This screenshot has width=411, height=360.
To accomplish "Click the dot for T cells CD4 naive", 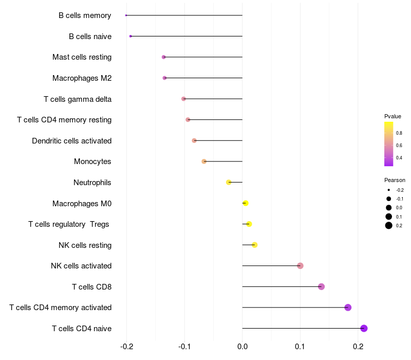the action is tap(364, 328).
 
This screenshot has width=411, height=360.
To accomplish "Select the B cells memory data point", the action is tap(126, 15).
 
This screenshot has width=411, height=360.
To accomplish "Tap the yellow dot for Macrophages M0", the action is tap(246, 203).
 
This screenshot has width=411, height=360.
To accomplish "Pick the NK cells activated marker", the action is tap(300, 266).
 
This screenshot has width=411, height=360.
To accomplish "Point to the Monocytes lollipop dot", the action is tap(204, 161).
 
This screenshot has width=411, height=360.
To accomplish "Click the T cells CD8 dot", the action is tap(322, 286).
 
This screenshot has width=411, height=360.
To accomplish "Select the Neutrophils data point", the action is tap(229, 182).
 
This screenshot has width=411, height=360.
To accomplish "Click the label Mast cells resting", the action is tap(82, 57).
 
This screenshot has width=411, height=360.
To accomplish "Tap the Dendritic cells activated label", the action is tap(71, 141).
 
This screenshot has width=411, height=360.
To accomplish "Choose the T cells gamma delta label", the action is tap(78, 99).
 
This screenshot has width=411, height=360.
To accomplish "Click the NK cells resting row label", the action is tap(85, 245).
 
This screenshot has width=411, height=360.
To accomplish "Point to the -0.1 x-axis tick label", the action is tap(184, 347).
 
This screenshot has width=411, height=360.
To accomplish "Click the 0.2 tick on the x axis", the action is tap(358, 347).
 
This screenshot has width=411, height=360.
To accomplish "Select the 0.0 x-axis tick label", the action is tap(242, 347).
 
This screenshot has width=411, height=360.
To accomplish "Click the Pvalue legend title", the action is tap(393, 116).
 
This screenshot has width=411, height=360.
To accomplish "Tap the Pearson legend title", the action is tap(395, 180).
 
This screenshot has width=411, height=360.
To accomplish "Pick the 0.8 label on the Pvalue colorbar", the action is tap(399, 133).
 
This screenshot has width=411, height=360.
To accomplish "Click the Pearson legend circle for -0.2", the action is tap(388, 190).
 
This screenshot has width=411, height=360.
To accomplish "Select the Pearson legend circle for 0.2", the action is tap(388, 225).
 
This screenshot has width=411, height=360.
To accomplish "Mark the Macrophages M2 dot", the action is tap(164, 78).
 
